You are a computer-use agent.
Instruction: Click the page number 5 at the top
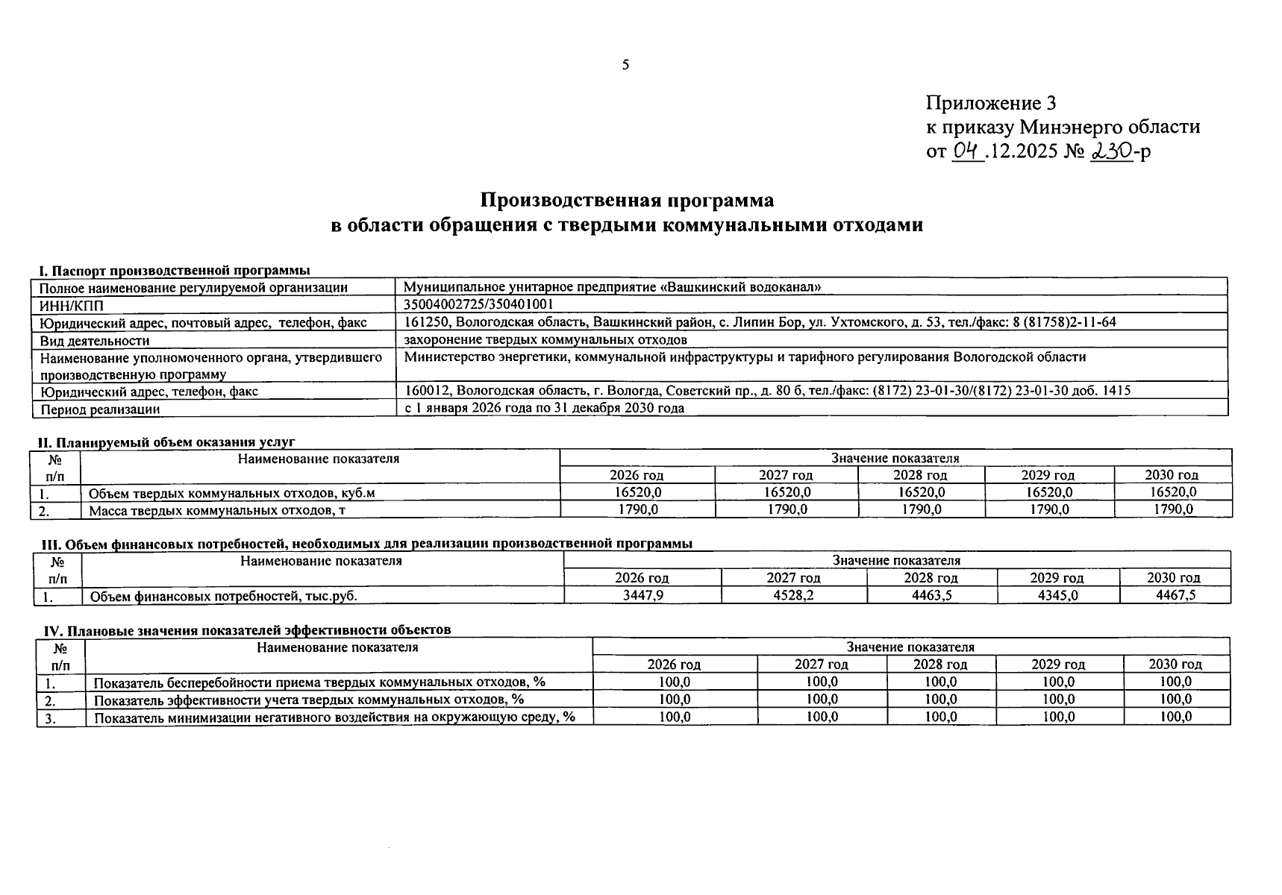pyautogui.click(x=625, y=65)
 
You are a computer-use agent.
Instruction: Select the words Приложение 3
pyautogui.click(x=991, y=103)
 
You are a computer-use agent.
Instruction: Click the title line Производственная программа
pyautogui.click(x=627, y=201)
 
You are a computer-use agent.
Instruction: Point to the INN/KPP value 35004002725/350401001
pyautogui.click(x=478, y=304)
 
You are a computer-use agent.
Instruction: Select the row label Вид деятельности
pyautogui.click(x=95, y=341)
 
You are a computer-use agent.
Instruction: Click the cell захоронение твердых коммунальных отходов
pyautogui.click(x=545, y=340)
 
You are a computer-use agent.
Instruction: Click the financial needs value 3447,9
pyautogui.click(x=642, y=595)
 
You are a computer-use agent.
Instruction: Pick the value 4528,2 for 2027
pyautogui.click(x=793, y=595)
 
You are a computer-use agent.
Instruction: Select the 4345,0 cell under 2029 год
pyautogui.click(x=1057, y=595)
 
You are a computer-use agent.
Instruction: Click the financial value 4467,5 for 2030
pyautogui.click(x=1175, y=595)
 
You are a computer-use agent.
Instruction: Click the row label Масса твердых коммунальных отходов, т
pyautogui.click(x=217, y=510)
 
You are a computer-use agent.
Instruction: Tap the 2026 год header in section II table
pyautogui.click(x=637, y=475)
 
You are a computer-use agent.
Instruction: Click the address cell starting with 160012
pyautogui.click(x=767, y=390)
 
